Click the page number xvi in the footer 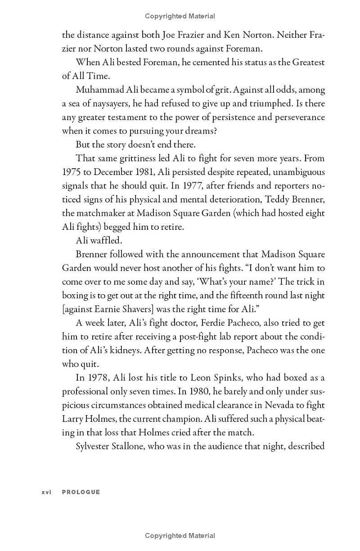click(46, 492)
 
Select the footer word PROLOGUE click(81, 492)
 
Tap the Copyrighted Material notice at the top click(180, 16)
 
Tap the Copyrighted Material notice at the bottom click(180, 536)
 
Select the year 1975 click(72, 172)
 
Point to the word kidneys click(112, 350)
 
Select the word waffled click(106, 241)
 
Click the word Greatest click(308, 63)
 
